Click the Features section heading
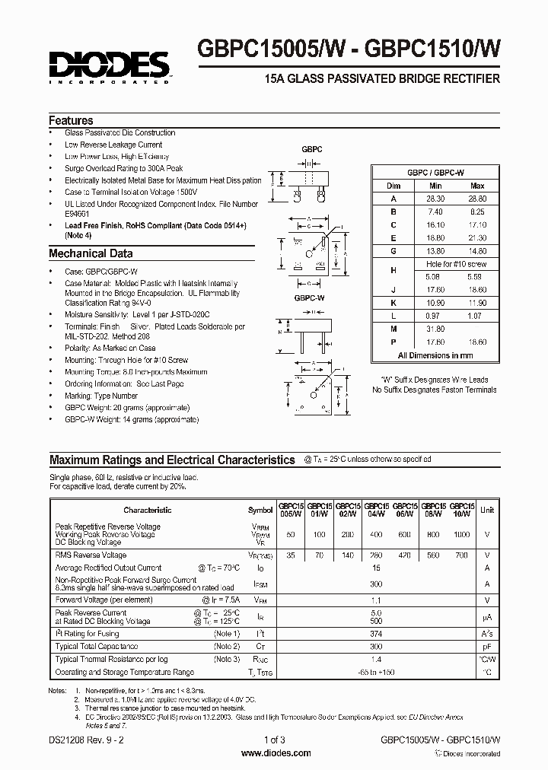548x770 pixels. click(71, 120)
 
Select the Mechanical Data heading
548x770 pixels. click(91, 254)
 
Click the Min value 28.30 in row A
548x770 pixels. click(435, 197)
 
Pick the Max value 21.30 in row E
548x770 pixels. click(477, 237)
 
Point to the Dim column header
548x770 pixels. click(393, 185)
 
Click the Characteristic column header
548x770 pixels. click(147, 510)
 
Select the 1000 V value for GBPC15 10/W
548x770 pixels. click(462, 535)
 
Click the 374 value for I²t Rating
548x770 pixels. click(374, 634)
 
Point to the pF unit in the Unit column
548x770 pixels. click(486, 646)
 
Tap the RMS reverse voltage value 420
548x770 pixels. click(406, 555)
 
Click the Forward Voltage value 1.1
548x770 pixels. click(374, 600)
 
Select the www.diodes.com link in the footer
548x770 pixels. click(275, 753)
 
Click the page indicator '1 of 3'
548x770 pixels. click(276, 741)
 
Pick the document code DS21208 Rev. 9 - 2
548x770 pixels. click(86, 741)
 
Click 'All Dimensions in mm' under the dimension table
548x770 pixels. click(435, 355)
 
